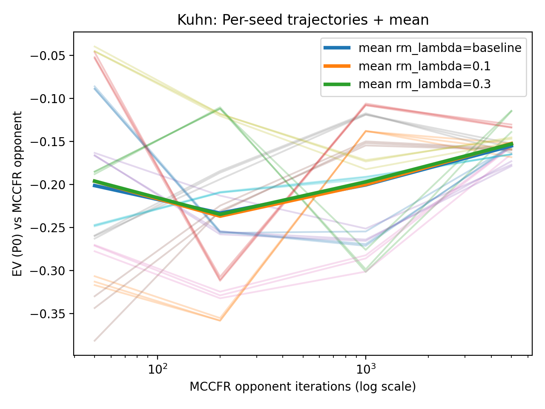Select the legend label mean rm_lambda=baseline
tap(440, 48)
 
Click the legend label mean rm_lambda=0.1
tap(425, 66)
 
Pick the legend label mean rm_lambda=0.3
tap(425, 84)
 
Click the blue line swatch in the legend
tap(337, 48)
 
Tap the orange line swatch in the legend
tap(337, 66)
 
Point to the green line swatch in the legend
tap(337, 84)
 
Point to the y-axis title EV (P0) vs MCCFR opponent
tap(17, 194)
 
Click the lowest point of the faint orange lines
tap(220, 320)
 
